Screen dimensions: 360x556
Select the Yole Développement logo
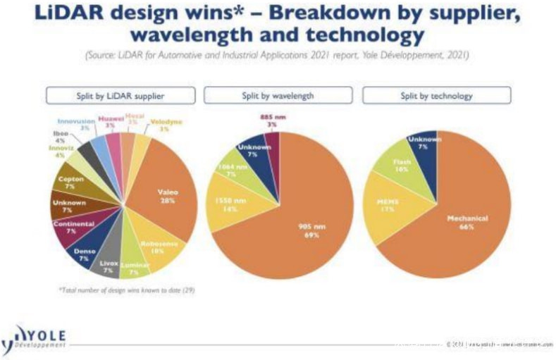click(x=35, y=337)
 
